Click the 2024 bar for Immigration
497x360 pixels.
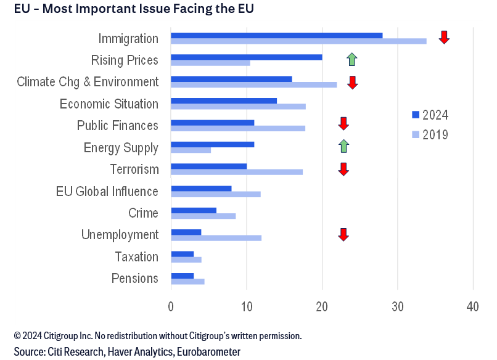pyautogui.click(x=276, y=35)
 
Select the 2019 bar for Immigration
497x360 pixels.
pyautogui.click(x=298, y=41)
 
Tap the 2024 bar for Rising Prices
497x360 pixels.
pyautogui.click(x=246, y=57)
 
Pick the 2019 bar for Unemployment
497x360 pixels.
pyautogui.click(x=216, y=238)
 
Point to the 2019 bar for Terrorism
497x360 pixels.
pyautogui.click(x=236, y=172)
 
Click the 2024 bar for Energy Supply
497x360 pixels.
pyautogui.click(x=212, y=144)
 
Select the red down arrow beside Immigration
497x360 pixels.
pyautogui.click(x=444, y=37)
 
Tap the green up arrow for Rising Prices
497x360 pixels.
pyautogui.click(x=351, y=59)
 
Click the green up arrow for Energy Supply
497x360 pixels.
pyautogui.click(x=343, y=146)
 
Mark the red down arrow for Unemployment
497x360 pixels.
pyautogui.click(x=343, y=234)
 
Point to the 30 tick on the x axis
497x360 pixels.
pyautogui.click(x=397, y=306)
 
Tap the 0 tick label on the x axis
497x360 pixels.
pyautogui.click(x=171, y=306)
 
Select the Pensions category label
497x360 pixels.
pyautogui.click(x=135, y=279)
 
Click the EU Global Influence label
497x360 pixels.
pyautogui.click(x=107, y=191)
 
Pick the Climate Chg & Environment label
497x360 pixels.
pyautogui.click(x=88, y=82)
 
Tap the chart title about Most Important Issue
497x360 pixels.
pyautogui.click(x=134, y=9)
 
